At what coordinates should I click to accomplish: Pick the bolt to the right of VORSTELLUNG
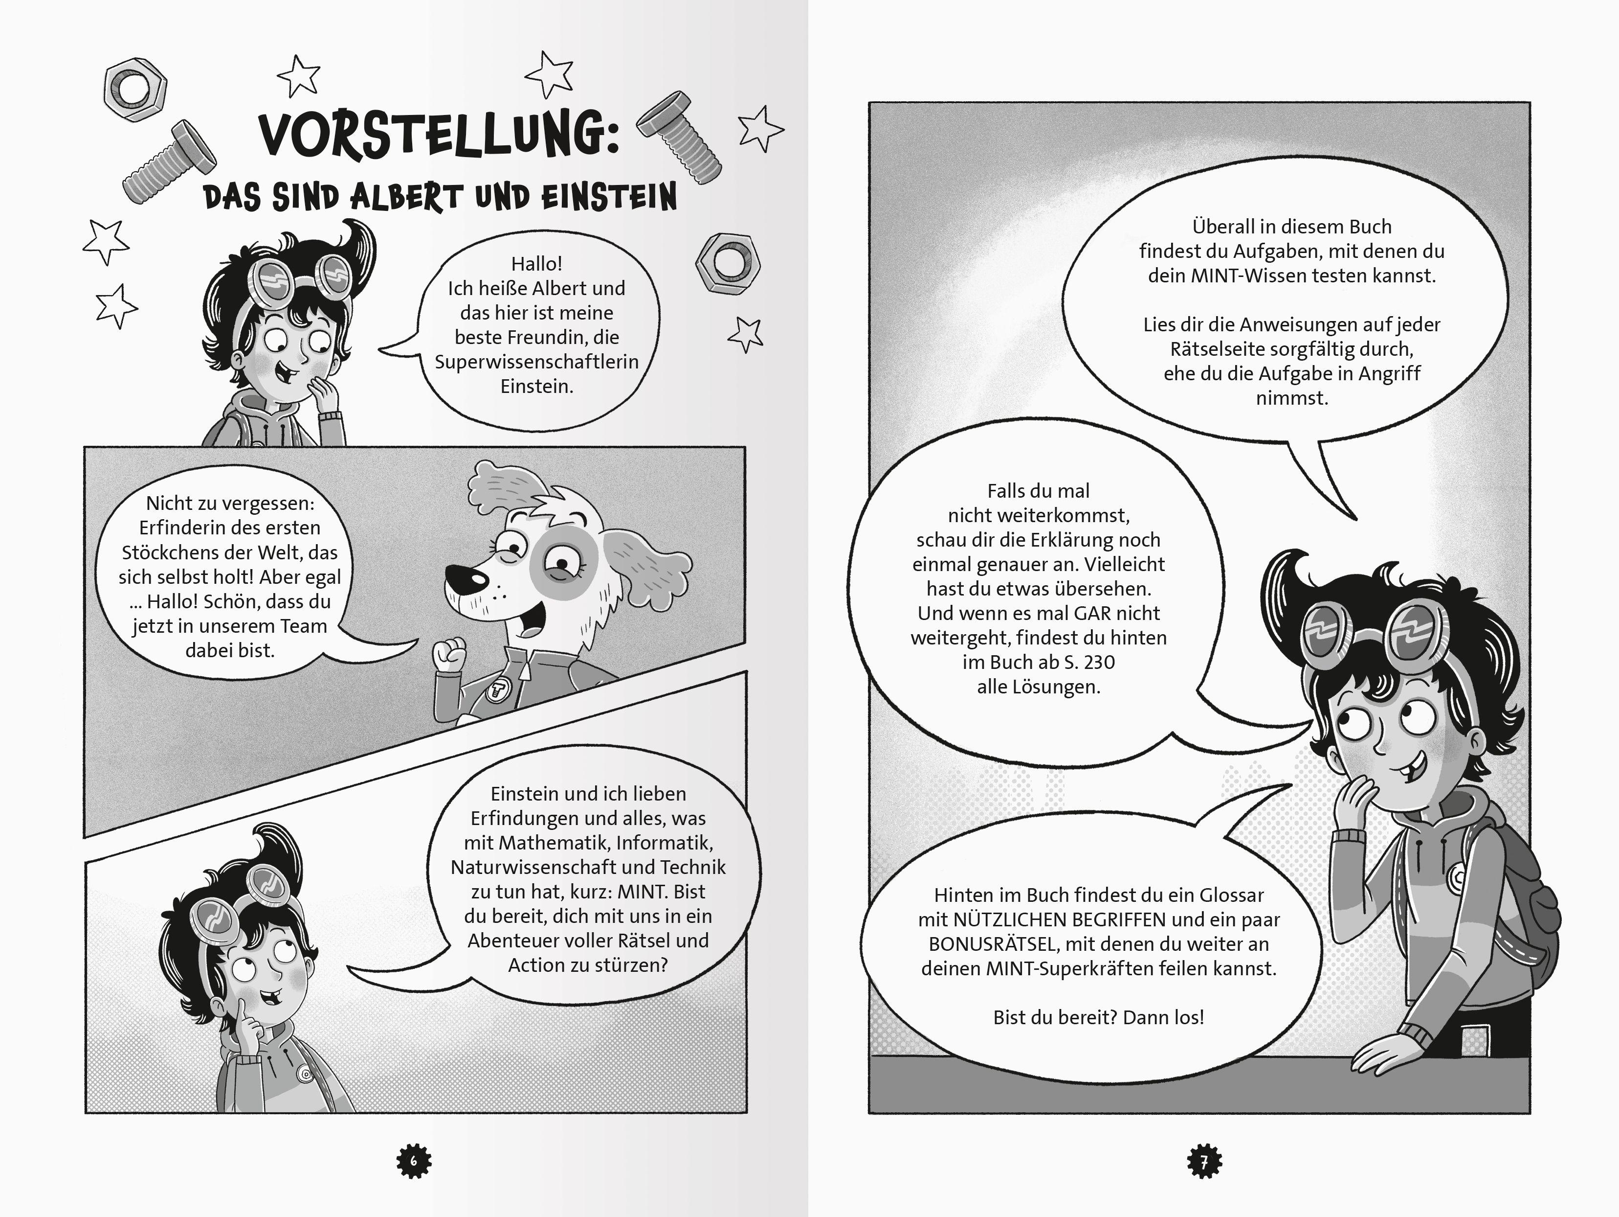pyautogui.click(x=679, y=137)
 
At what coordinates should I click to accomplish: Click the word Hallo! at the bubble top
pyautogui.click(x=536, y=264)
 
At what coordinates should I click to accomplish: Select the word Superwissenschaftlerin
pyautogui.click(x=536, y=362)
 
